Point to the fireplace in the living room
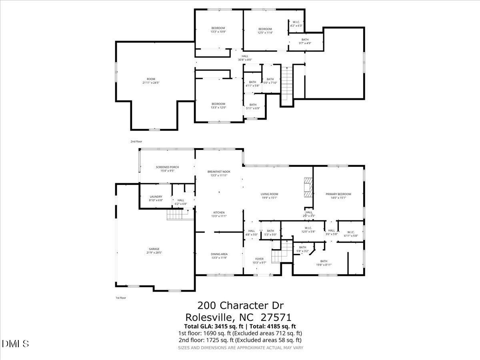pyautogui.click(x=308, y=187)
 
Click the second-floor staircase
pyautogui.click(x=286, y=84)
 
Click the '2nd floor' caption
pyautogui.click(x=136, y=142)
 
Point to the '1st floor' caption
pyautogui.click(x=120, y=298)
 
